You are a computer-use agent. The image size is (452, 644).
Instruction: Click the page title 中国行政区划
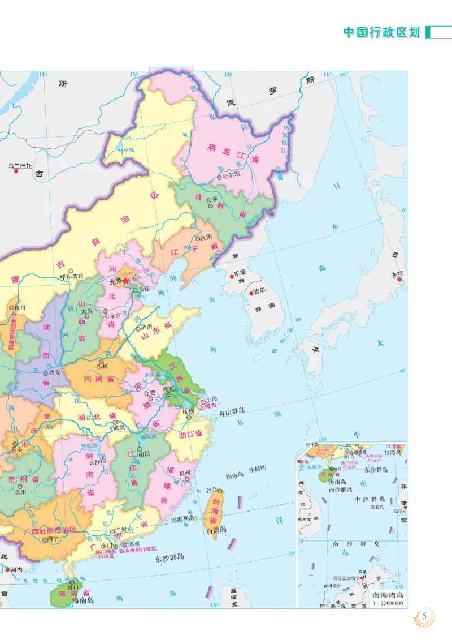[x=383, y=32]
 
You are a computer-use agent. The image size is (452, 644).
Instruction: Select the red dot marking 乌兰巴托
[x=17, y=171]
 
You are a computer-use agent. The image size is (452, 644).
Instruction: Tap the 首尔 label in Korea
[x=259, y=291]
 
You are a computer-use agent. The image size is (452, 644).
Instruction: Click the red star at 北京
[x=127, y=280]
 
